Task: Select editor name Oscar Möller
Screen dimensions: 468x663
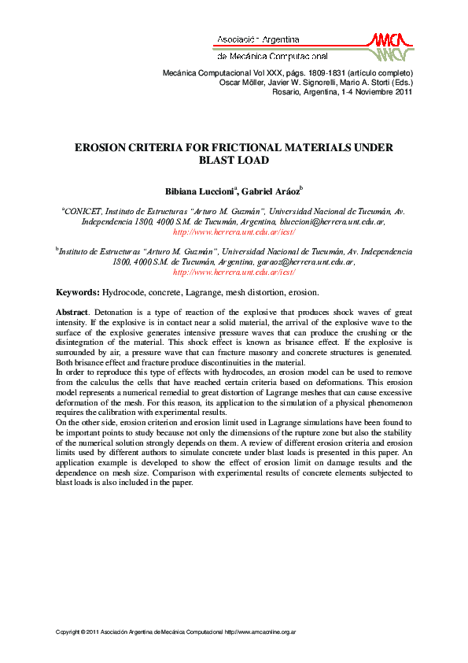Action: tap(242, 81)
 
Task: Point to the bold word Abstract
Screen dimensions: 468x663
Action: tap(72, 312)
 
